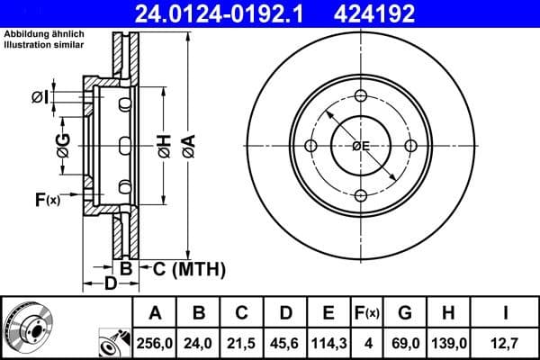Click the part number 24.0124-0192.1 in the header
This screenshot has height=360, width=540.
coord(210,13)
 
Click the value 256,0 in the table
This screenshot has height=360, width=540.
coord(155,342)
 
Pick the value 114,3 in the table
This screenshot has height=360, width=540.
coord(328,342)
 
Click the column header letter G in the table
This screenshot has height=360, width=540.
coord(405,313)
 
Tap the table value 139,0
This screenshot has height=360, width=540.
coord(449,342)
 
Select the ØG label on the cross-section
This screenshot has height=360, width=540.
coord(63,145)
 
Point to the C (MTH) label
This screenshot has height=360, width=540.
coord(184,269)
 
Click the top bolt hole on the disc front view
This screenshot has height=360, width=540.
coord(361,97)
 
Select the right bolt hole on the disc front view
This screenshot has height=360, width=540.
coord(410,147)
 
